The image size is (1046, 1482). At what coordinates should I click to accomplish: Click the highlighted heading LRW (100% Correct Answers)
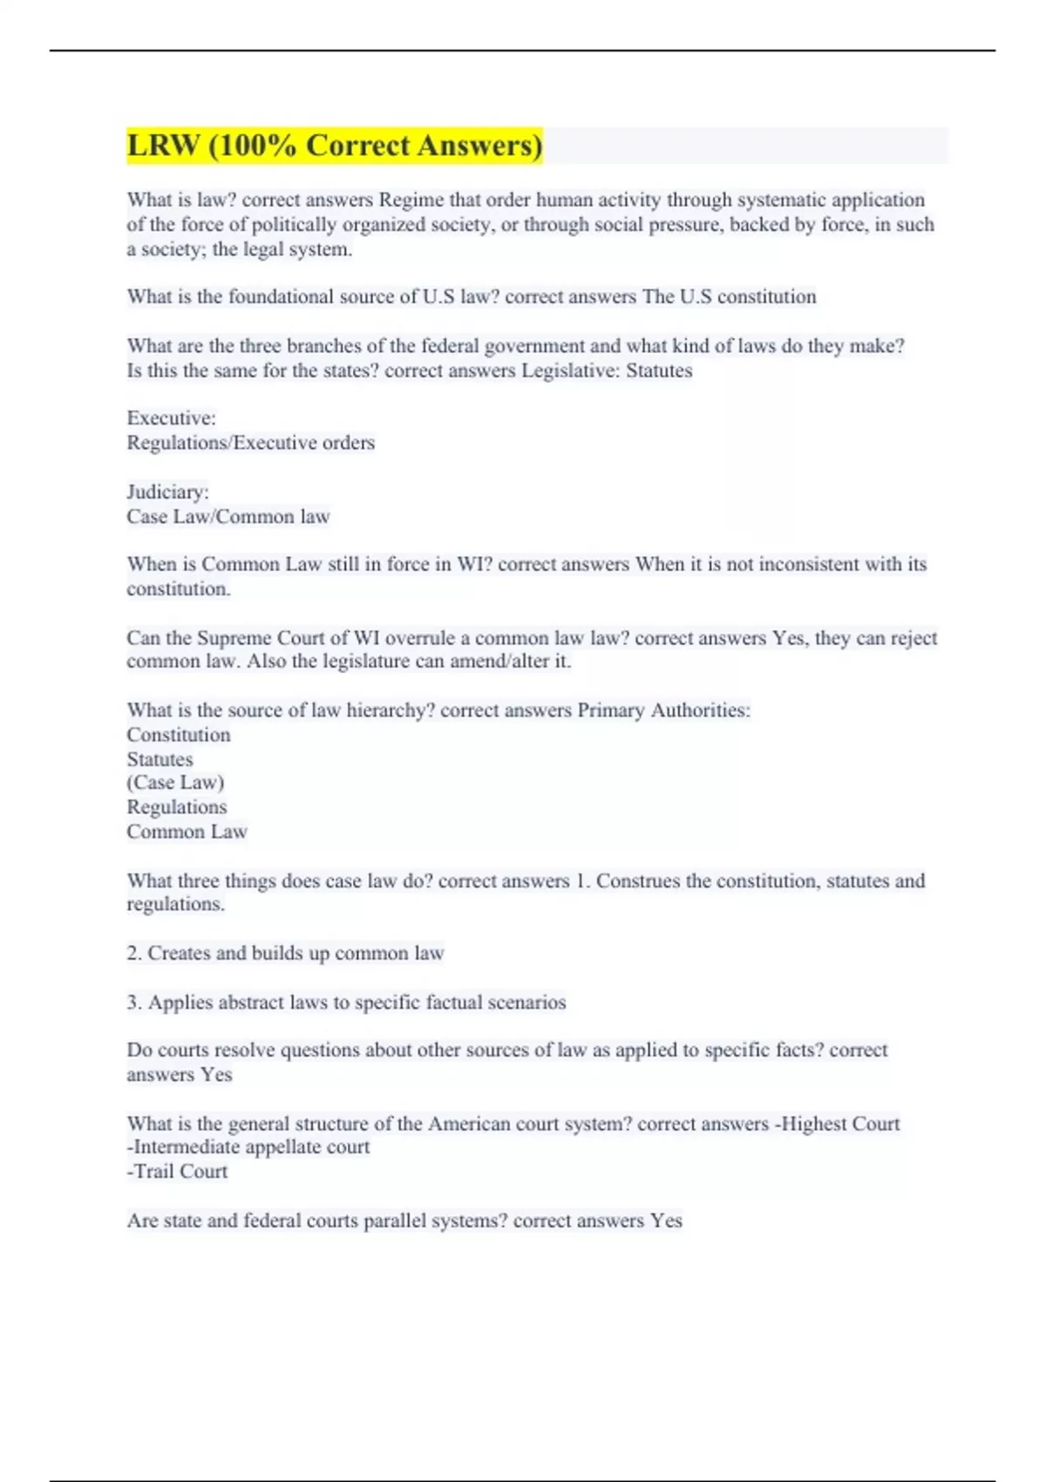pyautogui.click(x=335, y=145)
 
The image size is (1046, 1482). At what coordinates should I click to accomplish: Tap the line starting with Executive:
pyautogui.click(x=171, y=418)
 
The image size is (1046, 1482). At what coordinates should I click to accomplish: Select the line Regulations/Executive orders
pyautogui.click(x=250, y=443)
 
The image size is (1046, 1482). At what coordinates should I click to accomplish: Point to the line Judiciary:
pyautogui.click(x=167, y=492)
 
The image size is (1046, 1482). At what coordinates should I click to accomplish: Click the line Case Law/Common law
pyautogui.click(x=228, y=516)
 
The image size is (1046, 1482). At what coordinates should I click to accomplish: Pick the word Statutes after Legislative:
pyautogui.click(x=659, y=370)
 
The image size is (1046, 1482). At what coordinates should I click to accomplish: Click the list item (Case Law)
pyautogui.click(x=175, y=783)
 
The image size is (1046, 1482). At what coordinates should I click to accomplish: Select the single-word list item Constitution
pyautogui.click(x=178, y=735)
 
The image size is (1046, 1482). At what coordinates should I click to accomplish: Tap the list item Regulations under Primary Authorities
pyautogui.click(x=176, y=807)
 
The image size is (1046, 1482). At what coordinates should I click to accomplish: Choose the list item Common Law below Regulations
pyautogui.click(x=187, y=832)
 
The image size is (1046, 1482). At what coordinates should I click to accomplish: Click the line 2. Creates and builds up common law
pyautogui.click(x=285, y=953)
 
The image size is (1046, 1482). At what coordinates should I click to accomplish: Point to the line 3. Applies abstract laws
pyautogui.click(x=346, y=1002)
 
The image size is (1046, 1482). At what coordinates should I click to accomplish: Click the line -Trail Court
pyautogui.click(x=177, y=1172)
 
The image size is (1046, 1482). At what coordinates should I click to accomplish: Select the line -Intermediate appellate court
pyautogui.click(x=248, y=1147)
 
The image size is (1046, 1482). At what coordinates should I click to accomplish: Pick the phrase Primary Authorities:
pyautogui.click(x=663, y=710)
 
